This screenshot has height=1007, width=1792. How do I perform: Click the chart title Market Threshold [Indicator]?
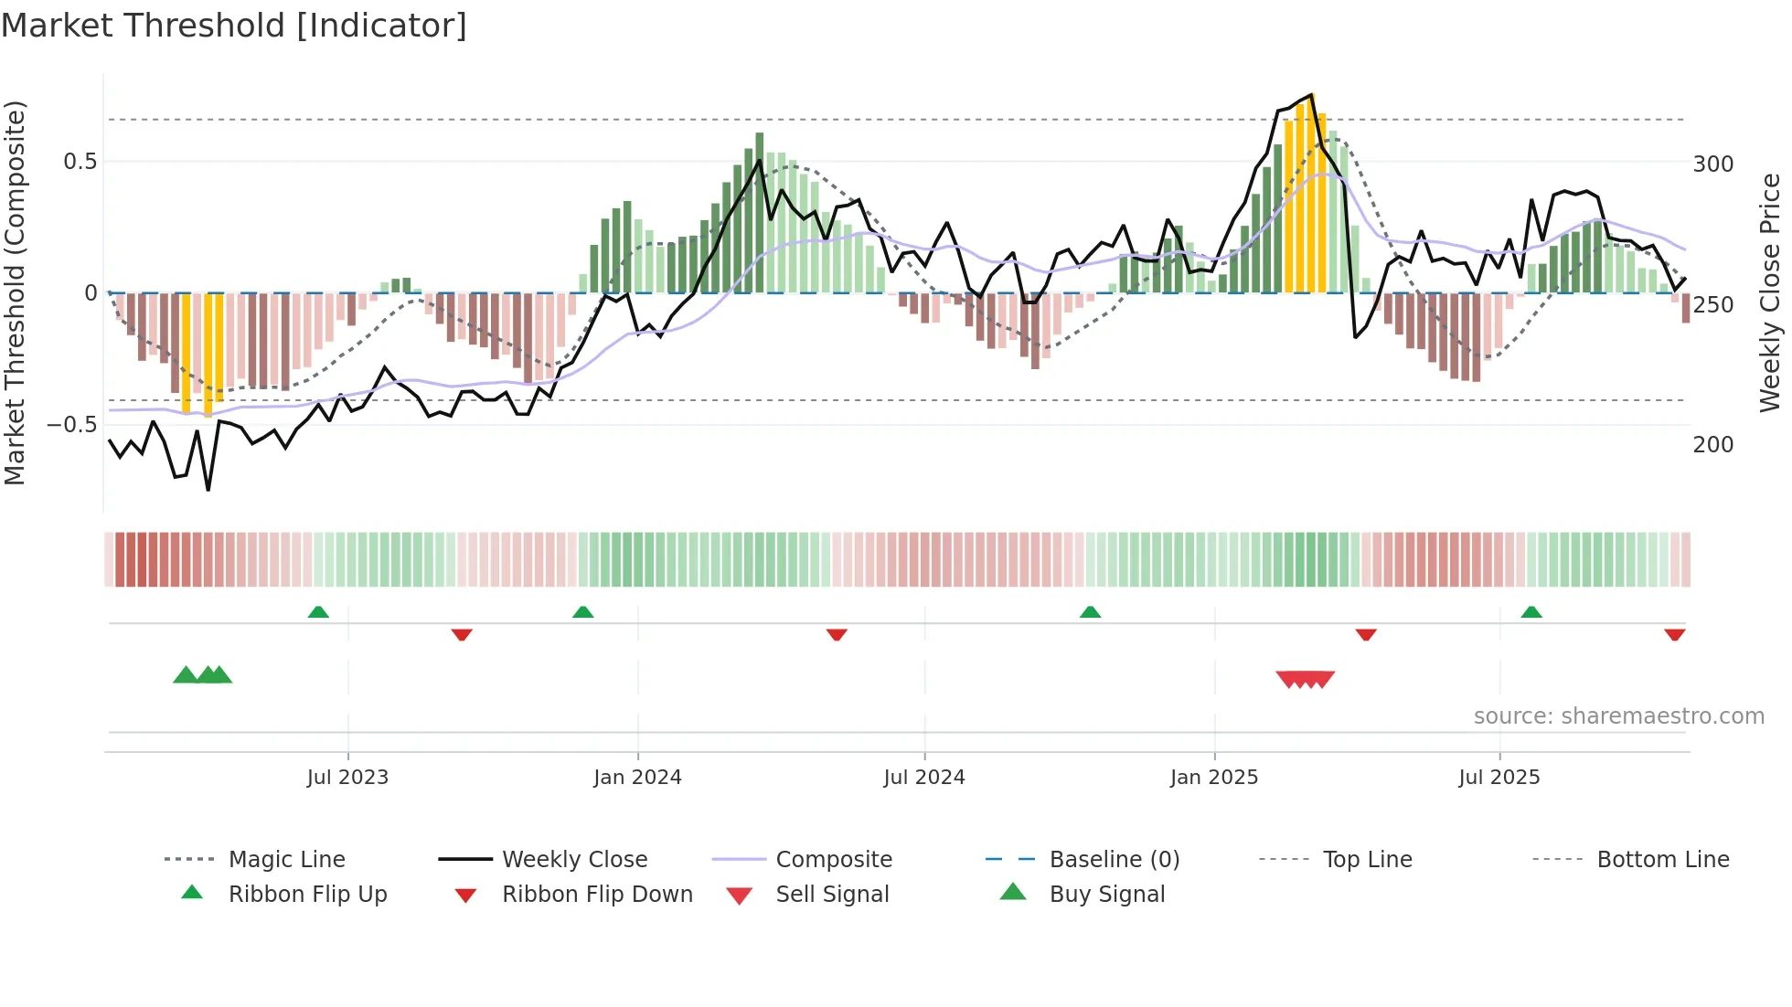(x=234, y=26)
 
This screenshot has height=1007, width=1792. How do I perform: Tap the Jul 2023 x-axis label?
(x=347, y=778)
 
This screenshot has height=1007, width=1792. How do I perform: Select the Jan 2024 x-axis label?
(x=637, y=778)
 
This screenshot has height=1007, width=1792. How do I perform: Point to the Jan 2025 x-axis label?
(x=1214, y=778)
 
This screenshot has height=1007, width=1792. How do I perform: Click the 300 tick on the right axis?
(x=1712, y=164)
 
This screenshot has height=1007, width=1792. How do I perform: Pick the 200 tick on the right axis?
(x=1712, y=445)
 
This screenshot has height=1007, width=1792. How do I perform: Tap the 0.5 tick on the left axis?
(x=80, y=162)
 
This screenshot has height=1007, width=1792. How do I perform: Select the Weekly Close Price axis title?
(x=1770, y=292)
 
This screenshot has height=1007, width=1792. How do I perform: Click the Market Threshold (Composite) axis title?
(x=15, y=292)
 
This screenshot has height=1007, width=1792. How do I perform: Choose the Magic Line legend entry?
(x=286, y=860)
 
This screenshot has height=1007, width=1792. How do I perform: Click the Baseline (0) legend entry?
(x=1114, y=860)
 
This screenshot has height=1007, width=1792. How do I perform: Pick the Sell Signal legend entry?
(x=831, y=895)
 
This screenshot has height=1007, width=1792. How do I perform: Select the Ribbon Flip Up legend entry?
(x=307, y=895)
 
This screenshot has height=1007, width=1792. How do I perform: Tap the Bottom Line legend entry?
(x=1662, y=860)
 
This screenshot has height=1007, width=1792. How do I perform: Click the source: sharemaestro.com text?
(x=1618, y=716)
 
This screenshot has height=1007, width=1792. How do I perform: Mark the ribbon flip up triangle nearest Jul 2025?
(x=1531, y=612)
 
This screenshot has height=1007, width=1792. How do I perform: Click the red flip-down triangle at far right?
(x=1674, y=634)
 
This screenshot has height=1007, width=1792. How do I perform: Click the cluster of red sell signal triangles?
(x=1306, y=679)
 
